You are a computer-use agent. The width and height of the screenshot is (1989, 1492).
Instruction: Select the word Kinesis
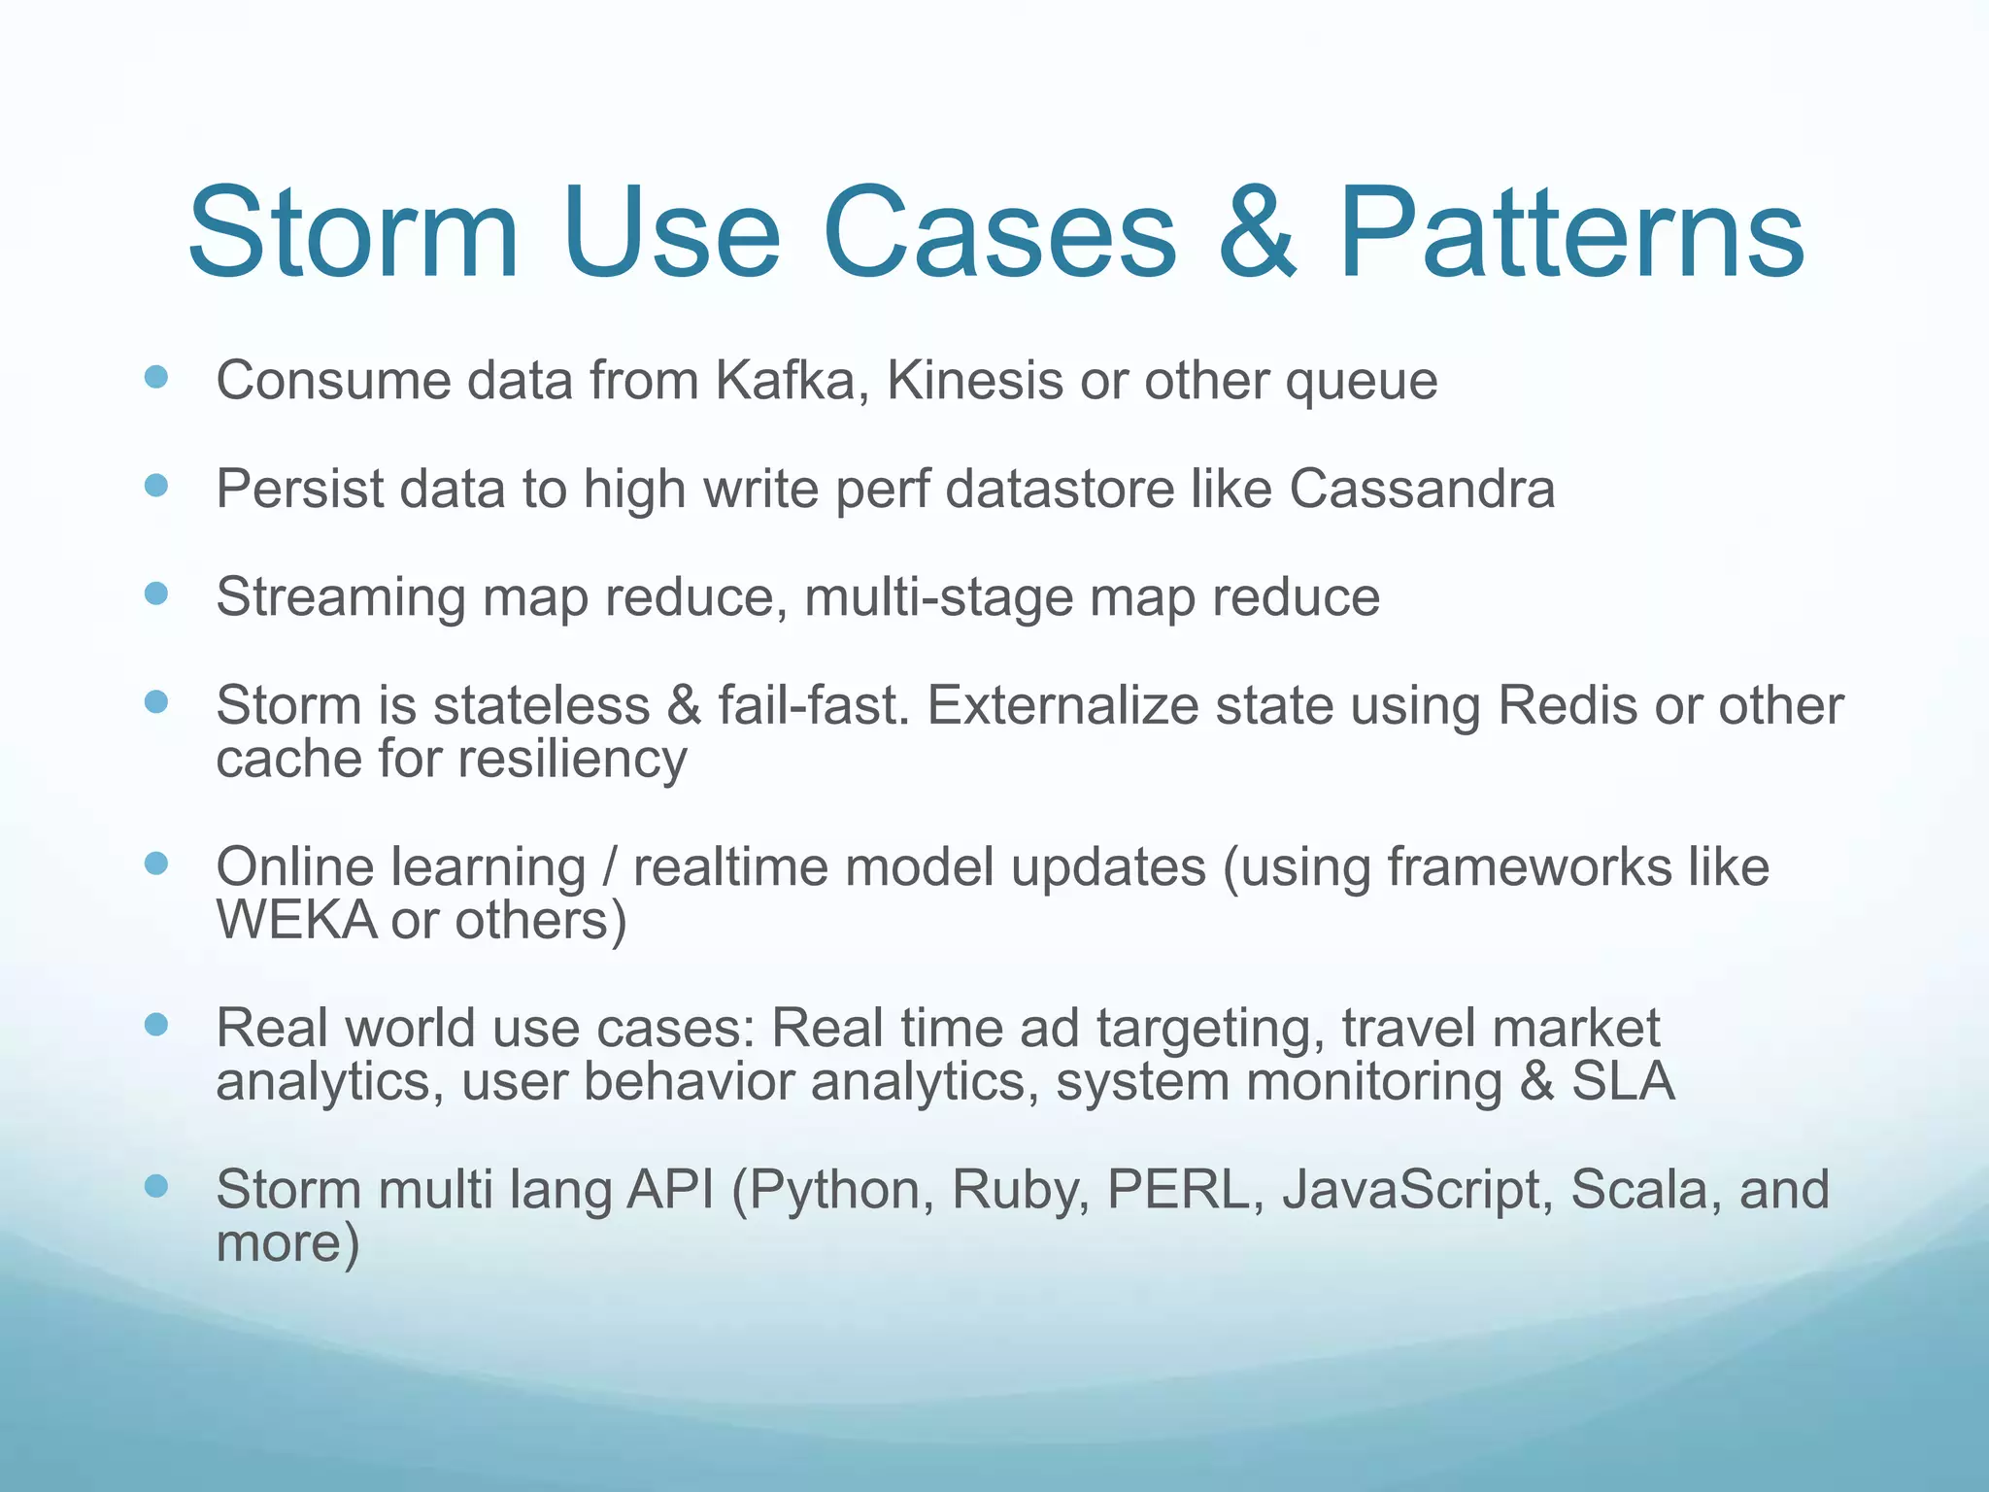pyautogui.click(x=975, y=380)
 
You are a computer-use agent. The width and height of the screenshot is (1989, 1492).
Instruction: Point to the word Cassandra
pyautogui.click(x=1422, y=488)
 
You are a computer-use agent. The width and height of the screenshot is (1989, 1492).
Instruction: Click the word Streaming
pyautogui.click(x=340, y=597)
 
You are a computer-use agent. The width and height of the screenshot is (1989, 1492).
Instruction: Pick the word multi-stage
pyautogui.click(x=938, y=597)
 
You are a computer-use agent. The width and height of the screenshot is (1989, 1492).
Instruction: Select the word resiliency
pyautogui.click(x=573, y=760)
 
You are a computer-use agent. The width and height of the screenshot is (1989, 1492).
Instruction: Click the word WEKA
pyautogui.click(x=295, y=920)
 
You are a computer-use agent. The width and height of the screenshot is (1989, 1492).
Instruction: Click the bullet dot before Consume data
pyautogui.click(x=155, y=377)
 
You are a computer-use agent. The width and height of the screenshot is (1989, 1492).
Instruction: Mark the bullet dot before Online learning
pyautogui.click(x=155, y=863)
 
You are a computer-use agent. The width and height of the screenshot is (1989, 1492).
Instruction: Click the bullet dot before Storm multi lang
pyautogui.click(x=155, y=1185)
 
